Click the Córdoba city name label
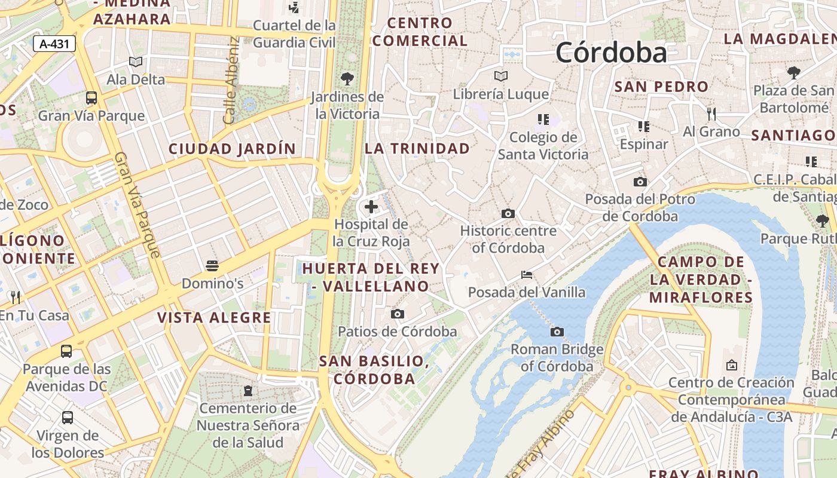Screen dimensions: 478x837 (611, 53)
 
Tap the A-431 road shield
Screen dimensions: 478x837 (54, 44)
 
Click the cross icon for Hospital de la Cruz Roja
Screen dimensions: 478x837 (371, 207)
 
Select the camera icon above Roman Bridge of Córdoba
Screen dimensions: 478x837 (557, 332)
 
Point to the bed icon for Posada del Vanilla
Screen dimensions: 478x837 (527, 275)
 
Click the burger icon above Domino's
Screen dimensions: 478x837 (212, 265)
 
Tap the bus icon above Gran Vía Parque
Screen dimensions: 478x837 (91, 98)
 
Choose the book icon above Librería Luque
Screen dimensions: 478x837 (501, 76)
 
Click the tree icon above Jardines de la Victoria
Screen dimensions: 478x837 (347, 78)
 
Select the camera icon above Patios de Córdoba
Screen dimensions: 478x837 (397, 314)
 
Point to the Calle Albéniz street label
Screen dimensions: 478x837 (231, 81)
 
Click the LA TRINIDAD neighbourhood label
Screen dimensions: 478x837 (417, 148)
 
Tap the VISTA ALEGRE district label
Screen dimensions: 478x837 (214, 318)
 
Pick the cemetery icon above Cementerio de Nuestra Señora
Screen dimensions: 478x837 (248, 391)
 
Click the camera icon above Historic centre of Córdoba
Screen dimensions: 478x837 (508, 213)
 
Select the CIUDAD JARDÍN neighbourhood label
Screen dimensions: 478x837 (232, 149)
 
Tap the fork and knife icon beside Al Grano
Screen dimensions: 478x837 (711, 114)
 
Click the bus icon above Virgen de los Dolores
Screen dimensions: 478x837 (68, 417)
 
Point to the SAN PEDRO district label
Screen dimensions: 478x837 (661, 87)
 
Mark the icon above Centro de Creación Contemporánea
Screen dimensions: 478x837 (731, 364)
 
